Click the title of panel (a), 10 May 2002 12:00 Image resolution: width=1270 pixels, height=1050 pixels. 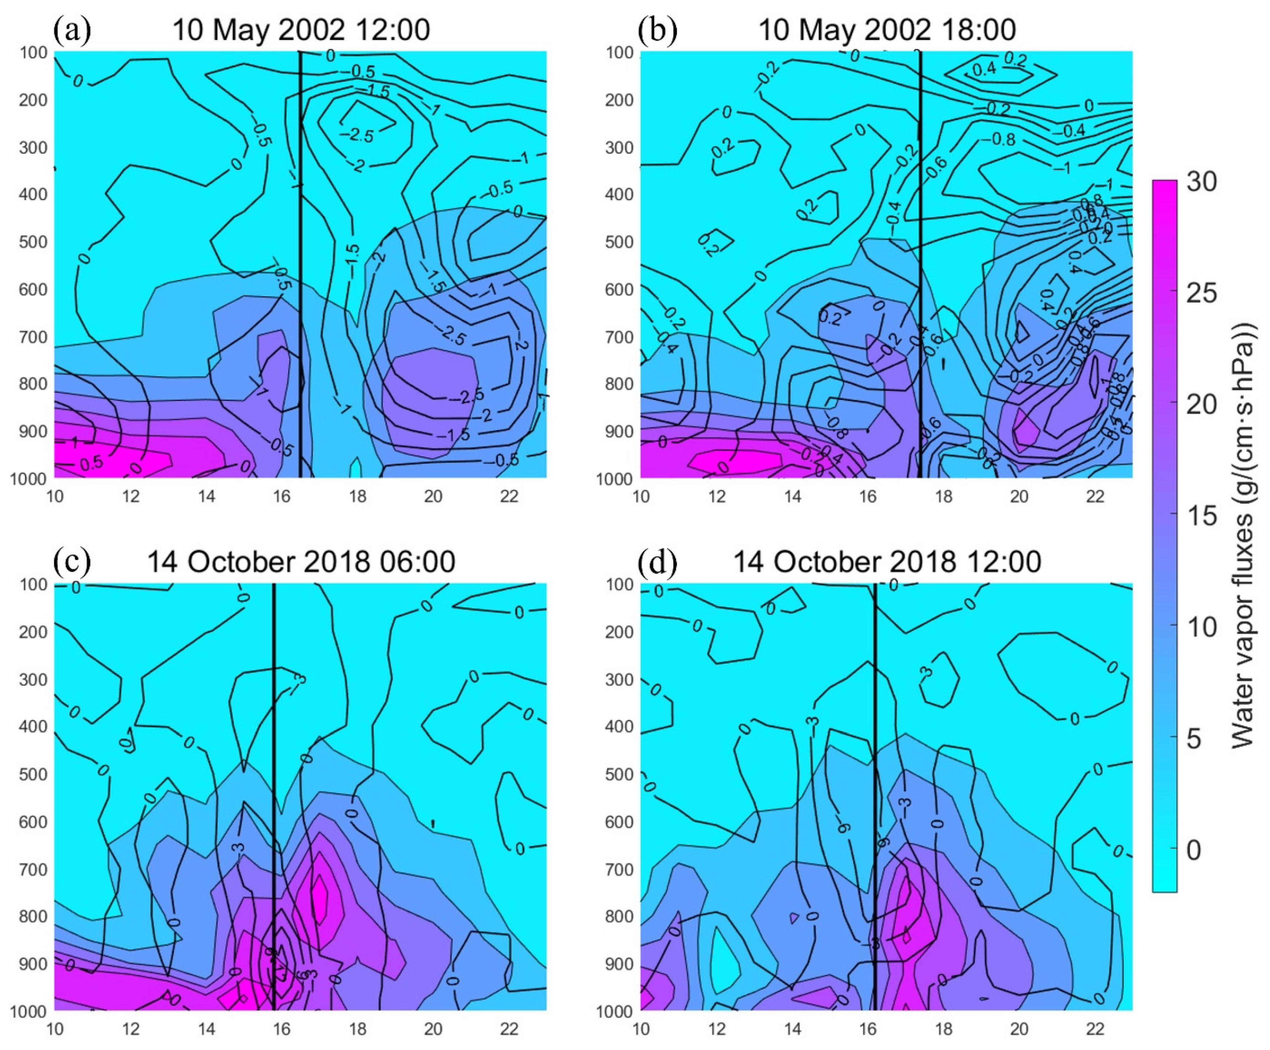click(x=301, y=29)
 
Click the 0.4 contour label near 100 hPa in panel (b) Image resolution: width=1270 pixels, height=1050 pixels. click(x=984, y=69)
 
